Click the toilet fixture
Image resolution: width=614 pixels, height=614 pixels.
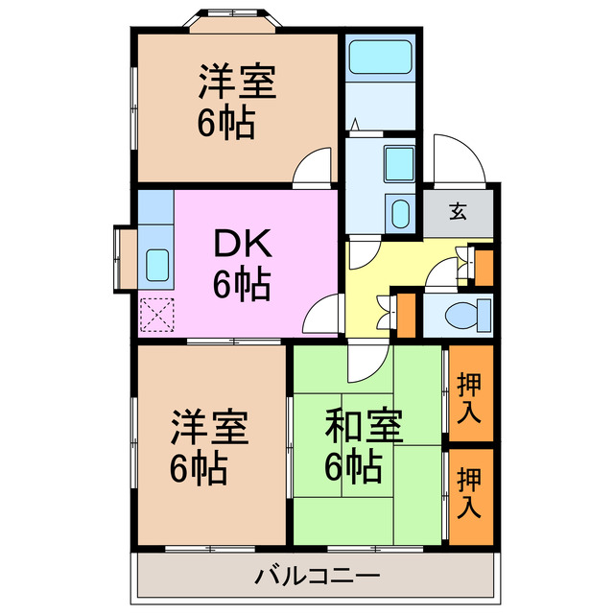click(x=471, y=313)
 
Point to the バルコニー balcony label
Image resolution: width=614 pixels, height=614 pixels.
click(x=318, y=576)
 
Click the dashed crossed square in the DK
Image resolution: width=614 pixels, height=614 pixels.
click(x=154, y=314)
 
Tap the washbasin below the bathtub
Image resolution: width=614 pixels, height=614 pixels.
click(x=397, y=164)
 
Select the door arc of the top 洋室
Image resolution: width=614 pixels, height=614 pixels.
click(x=311, y=169)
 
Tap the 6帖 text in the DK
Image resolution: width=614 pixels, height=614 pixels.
click(x=243, y=285)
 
